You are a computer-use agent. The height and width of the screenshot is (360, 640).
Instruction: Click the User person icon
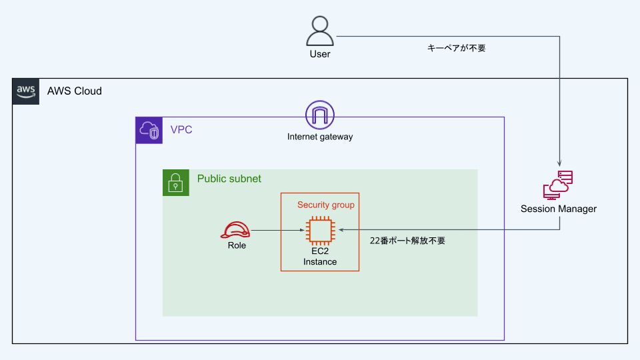coord(320,31)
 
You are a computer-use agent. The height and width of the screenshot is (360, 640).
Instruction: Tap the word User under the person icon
coord(320,54)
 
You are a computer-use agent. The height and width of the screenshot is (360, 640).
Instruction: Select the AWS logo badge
coord(26,91)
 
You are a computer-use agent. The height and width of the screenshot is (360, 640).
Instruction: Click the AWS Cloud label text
coord(75,91)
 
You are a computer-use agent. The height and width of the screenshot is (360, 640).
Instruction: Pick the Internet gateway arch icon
coord(319,115)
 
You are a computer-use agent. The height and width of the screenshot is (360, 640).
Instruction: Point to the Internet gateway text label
coord(320,137)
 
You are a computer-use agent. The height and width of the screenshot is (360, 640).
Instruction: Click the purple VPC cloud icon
coord(149,131)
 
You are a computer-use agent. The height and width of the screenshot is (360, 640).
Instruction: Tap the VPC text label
coord(181,129)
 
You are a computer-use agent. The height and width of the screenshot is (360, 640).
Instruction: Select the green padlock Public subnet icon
coord(176,183)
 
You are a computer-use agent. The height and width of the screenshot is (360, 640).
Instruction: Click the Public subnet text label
coord(229,179)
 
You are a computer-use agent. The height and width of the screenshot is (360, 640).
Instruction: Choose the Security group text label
coord(326,205)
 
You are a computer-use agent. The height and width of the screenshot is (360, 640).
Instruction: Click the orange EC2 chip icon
coord(320,230)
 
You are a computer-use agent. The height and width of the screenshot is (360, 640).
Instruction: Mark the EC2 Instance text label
coord(320,257)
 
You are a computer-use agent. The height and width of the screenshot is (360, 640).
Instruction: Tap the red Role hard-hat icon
coord(236,230)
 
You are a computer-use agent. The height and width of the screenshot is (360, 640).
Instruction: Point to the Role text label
coord(237,245)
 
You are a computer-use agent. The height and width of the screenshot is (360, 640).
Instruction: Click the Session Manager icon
coord(559,185)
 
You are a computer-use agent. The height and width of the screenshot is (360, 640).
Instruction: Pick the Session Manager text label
coord(559,209)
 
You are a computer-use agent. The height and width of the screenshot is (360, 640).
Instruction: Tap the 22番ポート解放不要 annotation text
coord(407,241)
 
